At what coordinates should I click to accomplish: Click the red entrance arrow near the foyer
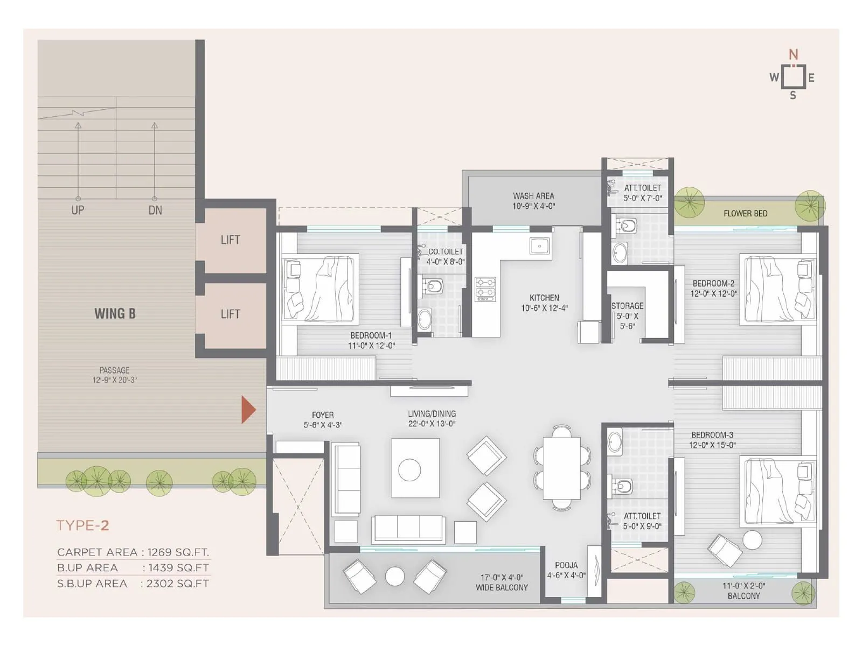pyautogui.click(x=247, y=410)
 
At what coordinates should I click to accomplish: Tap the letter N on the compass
pyautogui.click(x=793, y=54)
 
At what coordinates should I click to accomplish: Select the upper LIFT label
pyautogui.click(x=230, y=240)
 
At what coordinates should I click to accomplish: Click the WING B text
pyautogui.click(x=115, y=313)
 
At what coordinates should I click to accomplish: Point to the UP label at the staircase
pyautogui.click(x=78, y=210)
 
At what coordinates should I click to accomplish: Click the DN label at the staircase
pyautogui.click(x=155, y=210)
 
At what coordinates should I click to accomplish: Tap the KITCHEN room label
pyautogui.click(x=544, y=298)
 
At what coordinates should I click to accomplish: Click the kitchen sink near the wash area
pyautogui.click(x=539, y=247)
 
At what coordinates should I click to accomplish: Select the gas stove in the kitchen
pyautogui.click(x=485, y=289)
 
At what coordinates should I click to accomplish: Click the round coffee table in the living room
pyautogui.click(x=409, y=469)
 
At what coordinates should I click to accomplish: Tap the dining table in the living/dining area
pyautogui.click(x=561, y=469)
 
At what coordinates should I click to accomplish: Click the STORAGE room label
pyautogui.click(x=627, y=306)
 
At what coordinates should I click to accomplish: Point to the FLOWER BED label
pyautogui.click(x=745, y=214)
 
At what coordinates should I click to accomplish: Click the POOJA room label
pyautogui.click(x=566, y=565)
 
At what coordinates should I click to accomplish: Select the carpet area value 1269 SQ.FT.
pyautogui.click(x=178, y=552)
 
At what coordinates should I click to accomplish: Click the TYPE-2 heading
pyautogui.click(x=82, y=525)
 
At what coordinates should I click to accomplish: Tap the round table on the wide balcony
pyautogui.click(x=395, y=577)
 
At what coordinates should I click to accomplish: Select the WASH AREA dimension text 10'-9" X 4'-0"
pyautogui.click(x=533, y=206)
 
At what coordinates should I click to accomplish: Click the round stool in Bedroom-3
pyautogui.click(x=752, y=539)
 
